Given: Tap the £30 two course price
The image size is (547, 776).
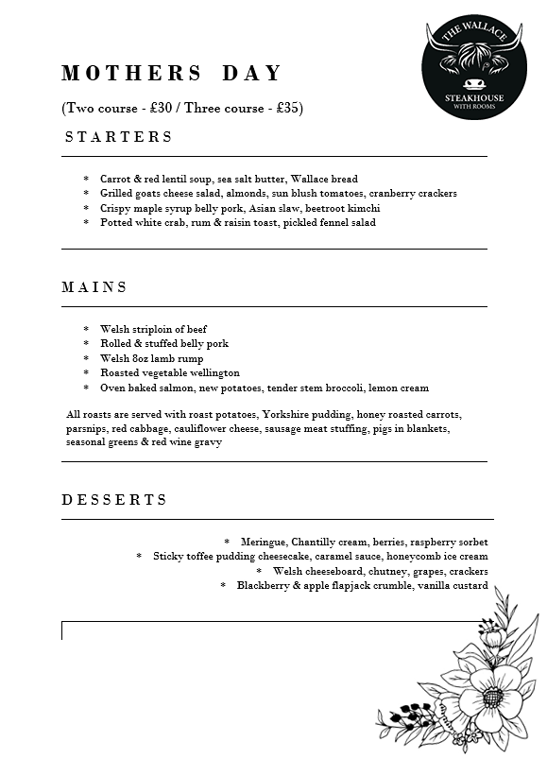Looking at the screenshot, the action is click(x=162, y=108).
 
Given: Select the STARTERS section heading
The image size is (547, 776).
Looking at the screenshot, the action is click(x=119, y=137).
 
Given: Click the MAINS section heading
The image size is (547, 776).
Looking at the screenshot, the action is click(x=94, y=287).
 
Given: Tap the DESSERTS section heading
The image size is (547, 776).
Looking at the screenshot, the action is click(x=115, y=500).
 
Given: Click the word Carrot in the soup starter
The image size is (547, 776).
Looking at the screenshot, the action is click(x=115, y=179).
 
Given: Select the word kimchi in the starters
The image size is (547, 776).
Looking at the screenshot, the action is click(x=365, y=208).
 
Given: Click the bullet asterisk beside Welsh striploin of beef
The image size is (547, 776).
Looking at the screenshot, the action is click(x=86, y=330).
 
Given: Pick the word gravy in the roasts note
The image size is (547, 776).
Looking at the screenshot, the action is click(x=208, y=442).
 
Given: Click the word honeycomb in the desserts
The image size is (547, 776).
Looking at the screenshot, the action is click(x=419, y=557).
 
